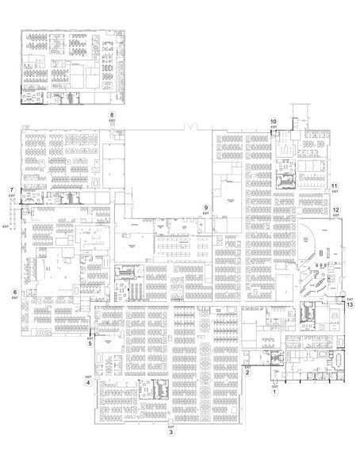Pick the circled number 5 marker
click(90, 344)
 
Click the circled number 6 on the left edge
click(14, 292)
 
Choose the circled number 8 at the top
click(112, 116)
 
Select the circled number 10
click(273, 120)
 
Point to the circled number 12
click(336, 210)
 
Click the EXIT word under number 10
click(273, 127)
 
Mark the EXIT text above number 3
click(170, 426)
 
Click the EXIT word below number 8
click(112, 122)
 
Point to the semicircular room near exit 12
click(311, 235)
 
